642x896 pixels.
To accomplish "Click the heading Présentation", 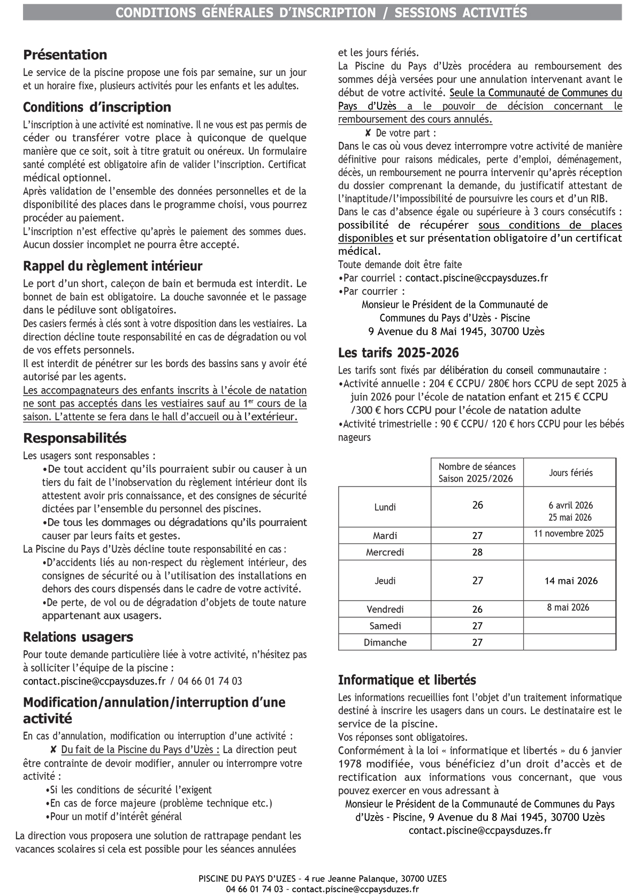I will pos(65,55).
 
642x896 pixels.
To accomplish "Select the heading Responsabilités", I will pos(74,438).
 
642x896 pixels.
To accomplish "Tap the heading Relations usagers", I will pos(78,637).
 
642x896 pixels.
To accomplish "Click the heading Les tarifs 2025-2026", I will pos(398,353).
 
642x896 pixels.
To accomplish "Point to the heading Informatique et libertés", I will pos(407,680).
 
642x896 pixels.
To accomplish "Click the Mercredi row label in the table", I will pos(385,552).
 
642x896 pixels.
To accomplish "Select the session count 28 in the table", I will pos(477,552).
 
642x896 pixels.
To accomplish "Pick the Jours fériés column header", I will pos(570,473).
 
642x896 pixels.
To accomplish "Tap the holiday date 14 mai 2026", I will pos(570,581).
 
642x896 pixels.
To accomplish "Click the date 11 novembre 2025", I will pos(568,533).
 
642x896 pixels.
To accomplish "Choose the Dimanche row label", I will pos(385,642).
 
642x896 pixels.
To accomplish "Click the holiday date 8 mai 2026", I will pos(568,607).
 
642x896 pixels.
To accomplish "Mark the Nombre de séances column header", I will pos(477,473).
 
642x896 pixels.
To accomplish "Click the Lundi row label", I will pos(385,507).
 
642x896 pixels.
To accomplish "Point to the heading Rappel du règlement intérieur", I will pos(112,266).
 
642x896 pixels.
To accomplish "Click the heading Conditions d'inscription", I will pos(97,107).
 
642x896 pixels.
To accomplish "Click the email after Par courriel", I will pos(476,278).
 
